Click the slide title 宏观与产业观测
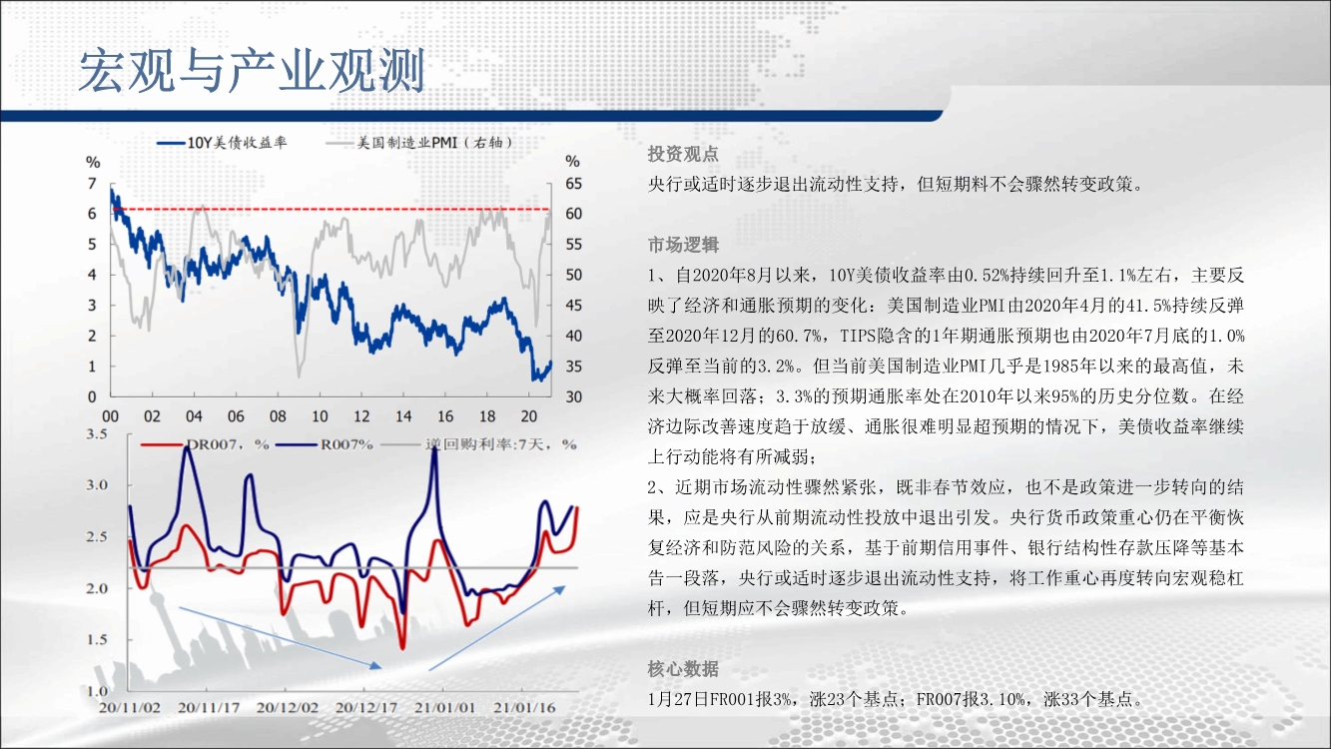[x=252, y=71]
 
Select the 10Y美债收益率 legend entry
[x=222, y=143]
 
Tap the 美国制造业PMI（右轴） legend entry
[x=419, y=143]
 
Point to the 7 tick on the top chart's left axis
[x=92, y=183]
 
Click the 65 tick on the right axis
[x=573, y=184]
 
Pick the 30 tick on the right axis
[x=573, y=396]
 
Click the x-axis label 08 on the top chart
[x=278, y=416]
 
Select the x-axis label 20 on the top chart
[x=529, y=416]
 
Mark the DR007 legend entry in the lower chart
[x=205, y=444]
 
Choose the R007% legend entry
[x=325, y=444]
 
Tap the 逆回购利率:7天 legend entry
[x=479, y=444]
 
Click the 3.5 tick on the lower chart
[x=97, y=434]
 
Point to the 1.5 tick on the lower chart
[x=97, y=639]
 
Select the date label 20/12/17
[x=366, y=708]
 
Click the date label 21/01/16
[x=524, y=708]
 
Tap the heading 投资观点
[x=683, y=154]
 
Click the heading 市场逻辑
[x=683, y=245]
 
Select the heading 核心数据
[x=683, y=669]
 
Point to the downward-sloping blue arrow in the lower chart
[x=280, y=637]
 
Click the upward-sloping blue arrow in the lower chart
[x=496, y=628]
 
